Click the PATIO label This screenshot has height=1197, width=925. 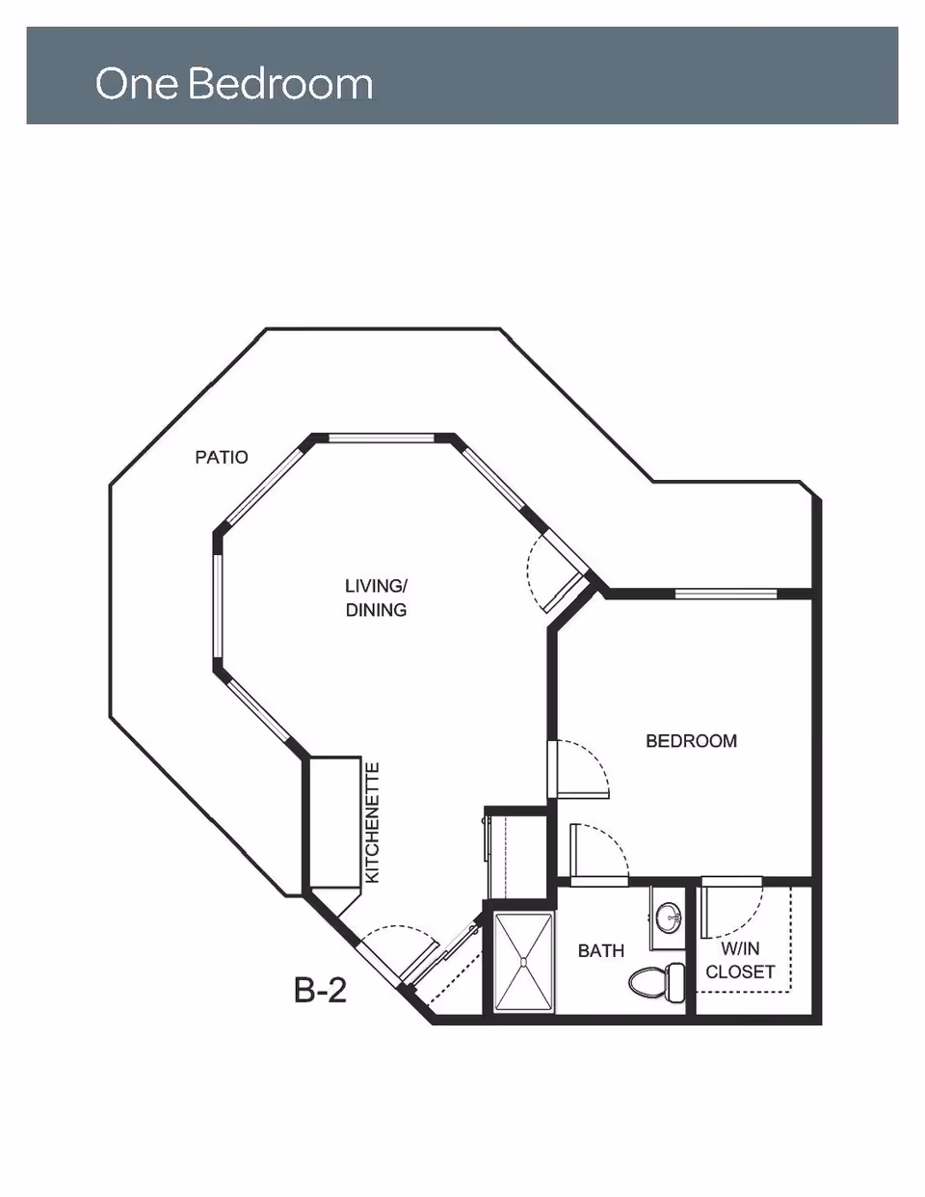click(222, 457)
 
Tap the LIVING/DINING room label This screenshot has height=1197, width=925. click(376, 598)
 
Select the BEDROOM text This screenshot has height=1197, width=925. click(691, 741)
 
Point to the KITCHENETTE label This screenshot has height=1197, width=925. click(373, 822)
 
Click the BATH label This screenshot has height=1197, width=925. click(601, 951)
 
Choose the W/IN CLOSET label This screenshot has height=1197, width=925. click(740, 960)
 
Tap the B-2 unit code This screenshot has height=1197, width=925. click(321, 990)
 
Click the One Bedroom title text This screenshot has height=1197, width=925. click(234, 84)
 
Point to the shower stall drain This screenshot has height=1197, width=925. click(523, 963)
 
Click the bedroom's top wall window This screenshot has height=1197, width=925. click(726, 594)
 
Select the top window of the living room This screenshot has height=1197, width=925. click(383, 439)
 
